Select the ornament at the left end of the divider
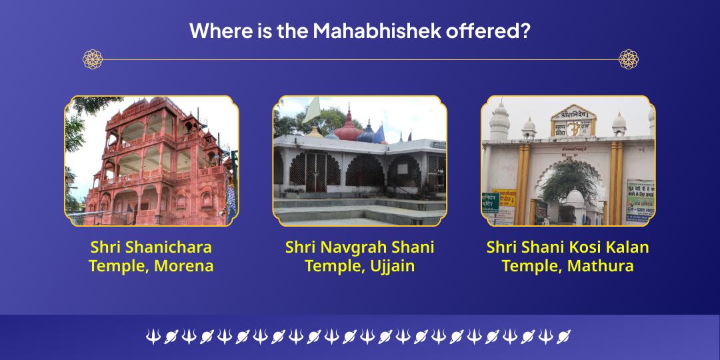click(x=93, y=59)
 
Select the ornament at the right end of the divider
click(x=628, y=59)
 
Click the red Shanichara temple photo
click(x=151, y=161)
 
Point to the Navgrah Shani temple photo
click(x=359, y=161)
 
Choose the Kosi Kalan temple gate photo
click(x=567, y=161)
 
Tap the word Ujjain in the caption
click(x=388, y=266)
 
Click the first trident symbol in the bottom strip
click(x=153, y=337)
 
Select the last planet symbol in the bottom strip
click(x=563, y=337)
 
